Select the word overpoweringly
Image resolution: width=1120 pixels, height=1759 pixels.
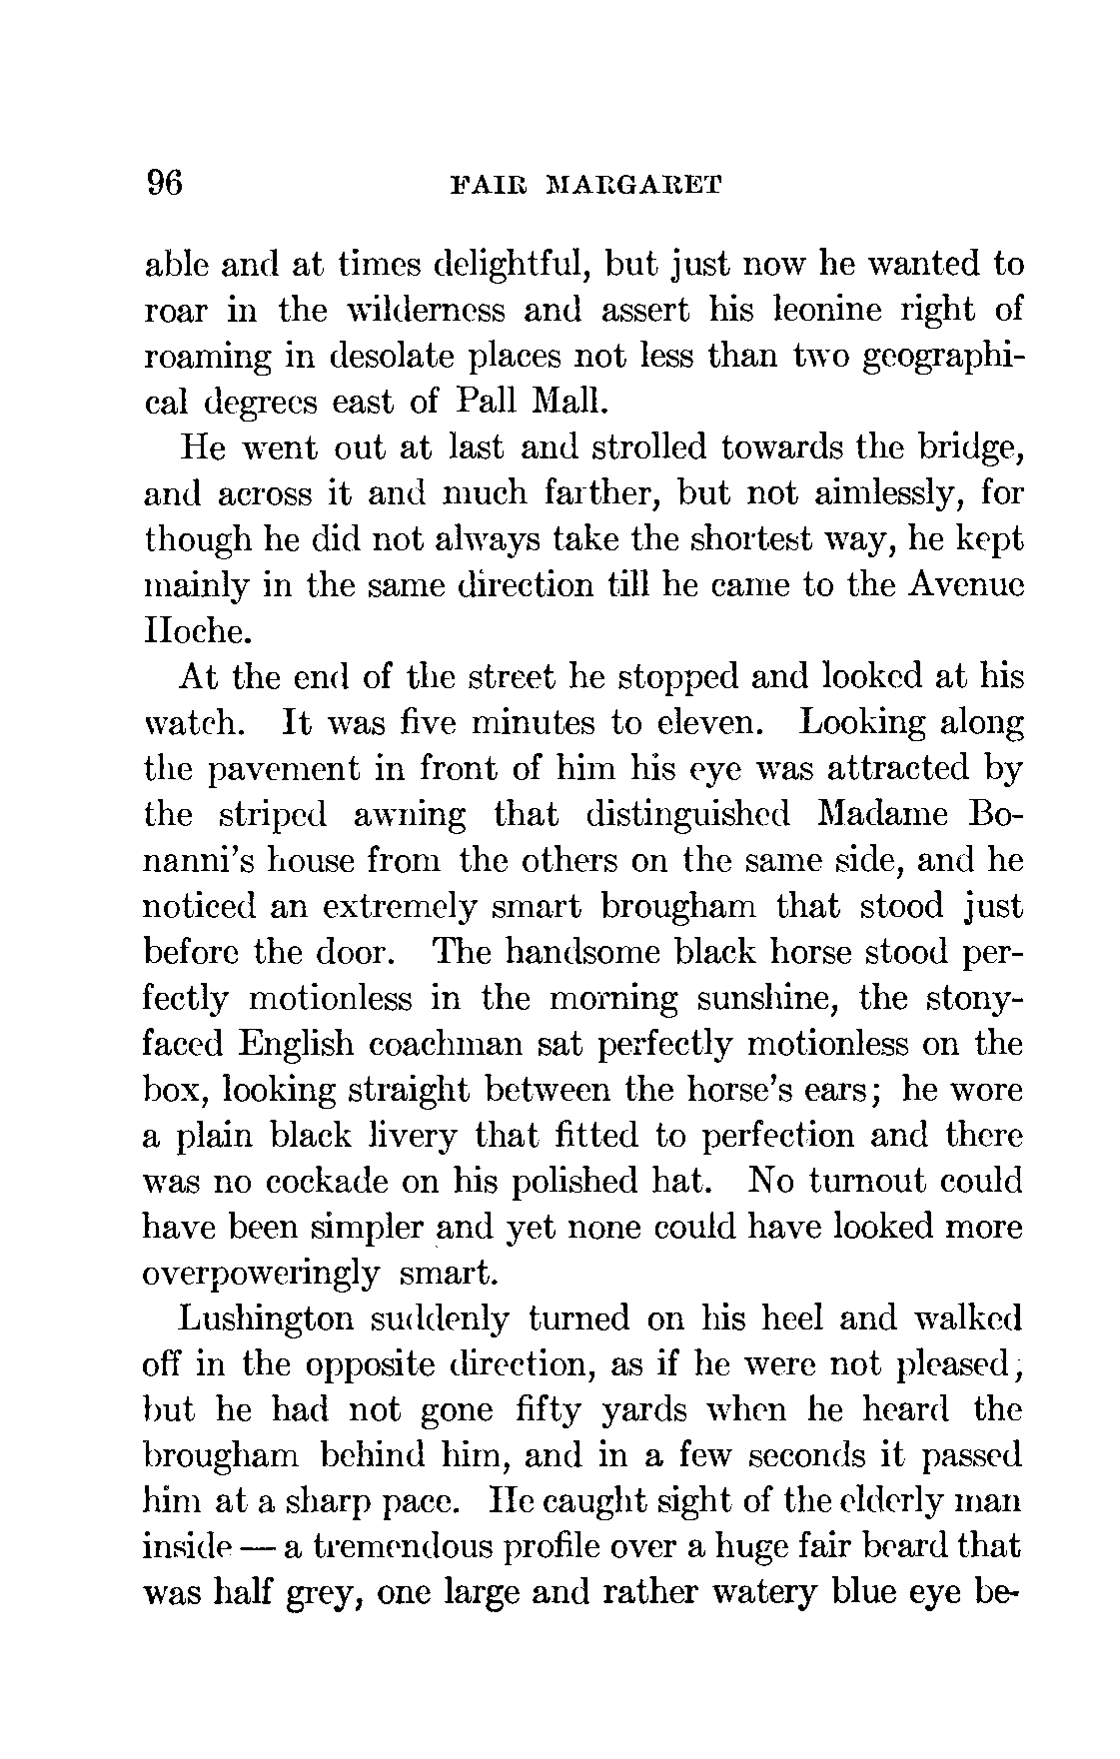coord(262,1275)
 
